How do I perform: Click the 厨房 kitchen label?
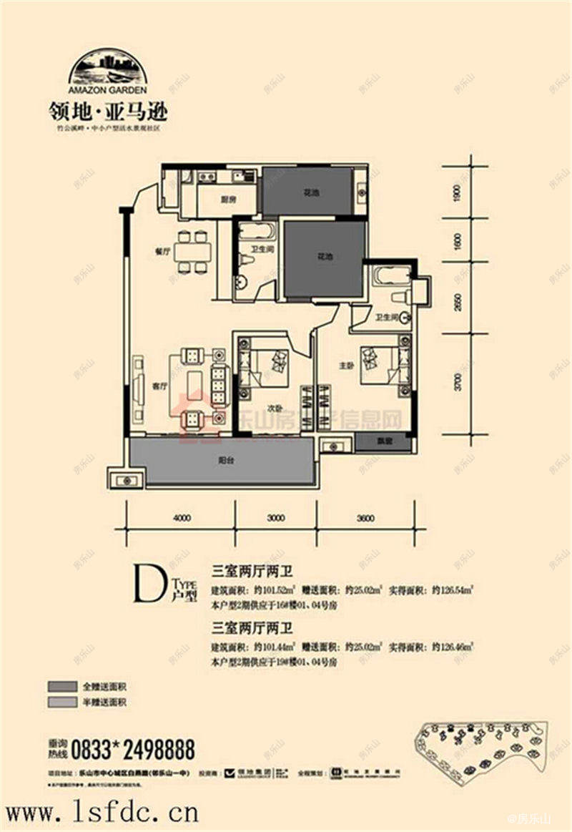coord(228,200)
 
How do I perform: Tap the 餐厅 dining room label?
coord(160,253)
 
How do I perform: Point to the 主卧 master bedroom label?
coord(347,366)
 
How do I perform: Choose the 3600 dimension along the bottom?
coord(364,519)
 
